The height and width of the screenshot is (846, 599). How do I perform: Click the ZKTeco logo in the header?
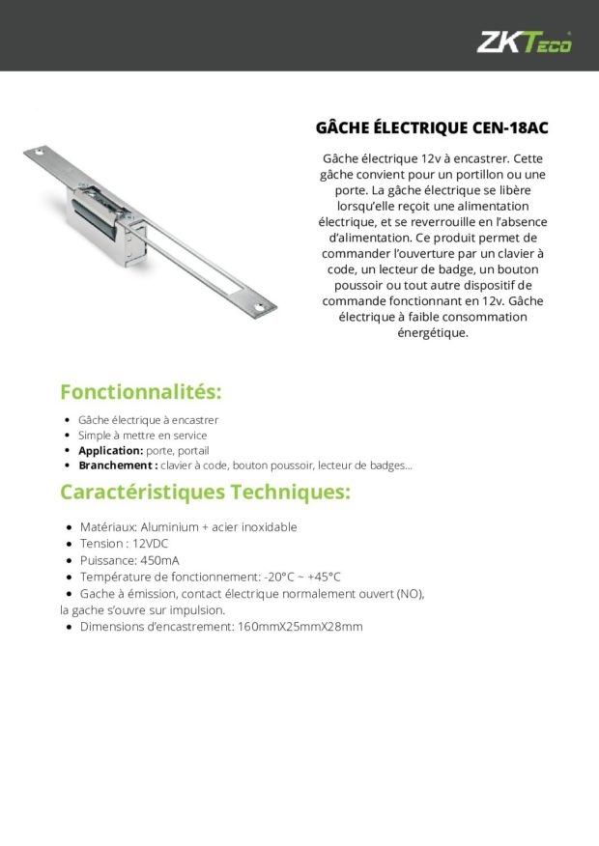(525, 42)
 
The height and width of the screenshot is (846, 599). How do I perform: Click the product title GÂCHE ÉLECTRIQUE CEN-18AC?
(432, 127)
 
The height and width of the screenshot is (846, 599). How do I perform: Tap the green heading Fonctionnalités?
(141, 392)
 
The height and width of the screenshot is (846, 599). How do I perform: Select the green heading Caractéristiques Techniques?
(205, 492)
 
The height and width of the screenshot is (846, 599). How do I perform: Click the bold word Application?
(110, 450)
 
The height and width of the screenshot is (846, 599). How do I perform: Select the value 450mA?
(158, 560)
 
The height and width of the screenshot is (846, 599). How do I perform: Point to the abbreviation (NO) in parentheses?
(410, 593)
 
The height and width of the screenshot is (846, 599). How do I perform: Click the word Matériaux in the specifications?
(107, 527)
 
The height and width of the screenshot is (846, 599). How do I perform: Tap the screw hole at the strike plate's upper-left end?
(40, 153)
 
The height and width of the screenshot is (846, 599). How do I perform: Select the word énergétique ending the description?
(432, 333)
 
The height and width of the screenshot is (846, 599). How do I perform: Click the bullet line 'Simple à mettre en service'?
(142, 436)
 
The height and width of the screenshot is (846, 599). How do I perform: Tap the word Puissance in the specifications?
(107, 560)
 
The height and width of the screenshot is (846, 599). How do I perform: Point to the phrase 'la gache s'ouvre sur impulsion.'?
(142, 610)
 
